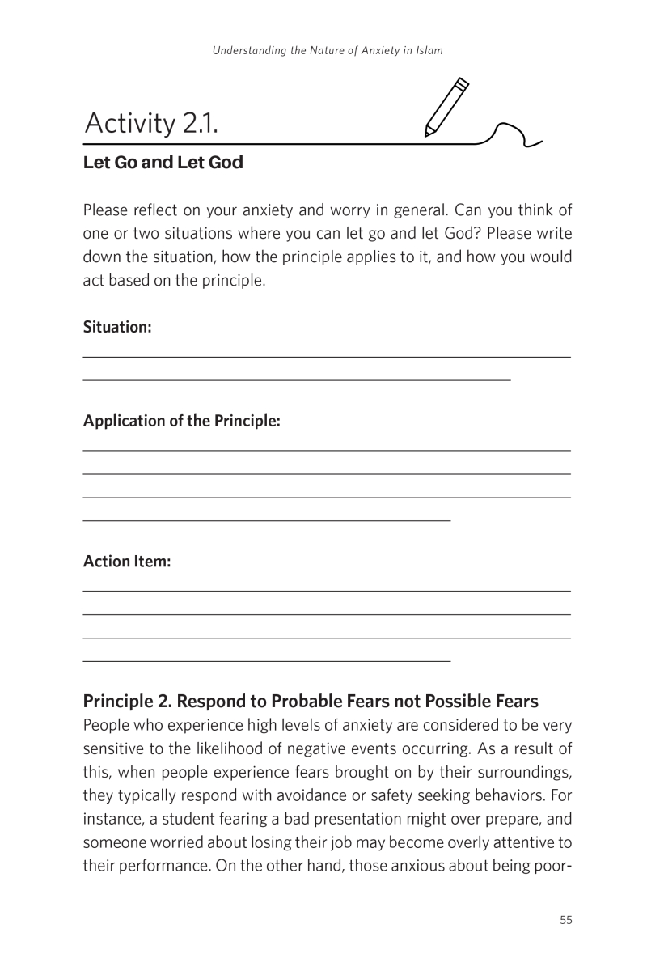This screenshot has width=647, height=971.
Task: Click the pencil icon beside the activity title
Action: (446, 108)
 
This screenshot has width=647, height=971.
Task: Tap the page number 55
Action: (565, 920)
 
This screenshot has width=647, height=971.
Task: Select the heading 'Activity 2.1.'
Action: (151, 124)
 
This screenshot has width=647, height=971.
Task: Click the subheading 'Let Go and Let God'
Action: (163, 163)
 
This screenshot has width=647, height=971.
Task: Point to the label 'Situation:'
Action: (117, 328)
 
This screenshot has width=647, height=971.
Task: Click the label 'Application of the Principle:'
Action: (181, 422)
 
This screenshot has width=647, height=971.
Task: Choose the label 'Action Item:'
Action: (127, 562)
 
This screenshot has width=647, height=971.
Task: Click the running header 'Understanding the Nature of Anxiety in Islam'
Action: (328, 50)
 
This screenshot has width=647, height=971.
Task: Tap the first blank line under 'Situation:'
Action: (327, 356)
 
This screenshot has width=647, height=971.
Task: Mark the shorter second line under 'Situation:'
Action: (297, 379)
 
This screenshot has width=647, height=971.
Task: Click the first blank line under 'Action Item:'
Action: (327, 592)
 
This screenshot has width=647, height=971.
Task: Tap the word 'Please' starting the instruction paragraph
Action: (104, 212)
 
